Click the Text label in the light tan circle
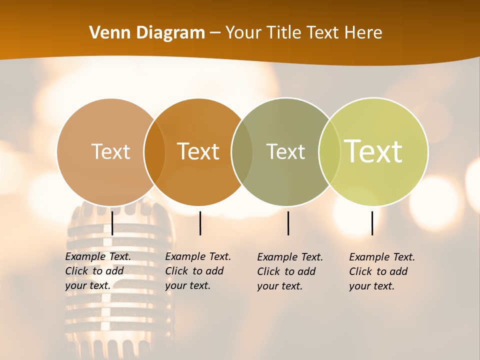coord(110,151)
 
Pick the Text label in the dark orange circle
coord(198,151)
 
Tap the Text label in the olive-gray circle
coord(285,151)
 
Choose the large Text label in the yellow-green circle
coord(373,151)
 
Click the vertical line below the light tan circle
coord(112,223)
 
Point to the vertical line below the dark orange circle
coord(200,223)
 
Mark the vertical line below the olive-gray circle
coord(288,223)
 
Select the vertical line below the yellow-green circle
coord(372,223)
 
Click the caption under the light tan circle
coord(97,271)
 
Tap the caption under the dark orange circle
coord(197,271)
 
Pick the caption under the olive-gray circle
coord(289,271)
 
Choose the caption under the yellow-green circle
coord(381,271)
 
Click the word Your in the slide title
coord(243,33)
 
